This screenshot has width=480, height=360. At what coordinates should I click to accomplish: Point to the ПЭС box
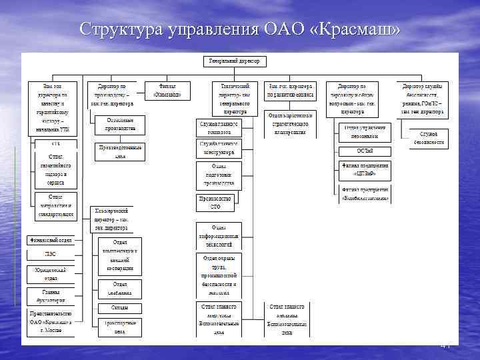pos(51,254)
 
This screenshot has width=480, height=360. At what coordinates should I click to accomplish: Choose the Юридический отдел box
pos(51,274)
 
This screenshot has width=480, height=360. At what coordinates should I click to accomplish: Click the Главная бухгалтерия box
pos(51,295)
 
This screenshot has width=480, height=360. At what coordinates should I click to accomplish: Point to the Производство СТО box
pos(215,203)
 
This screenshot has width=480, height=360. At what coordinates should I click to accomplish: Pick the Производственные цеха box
pos(121,152)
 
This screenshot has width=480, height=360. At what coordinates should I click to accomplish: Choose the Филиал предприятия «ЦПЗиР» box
pos(363,171)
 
